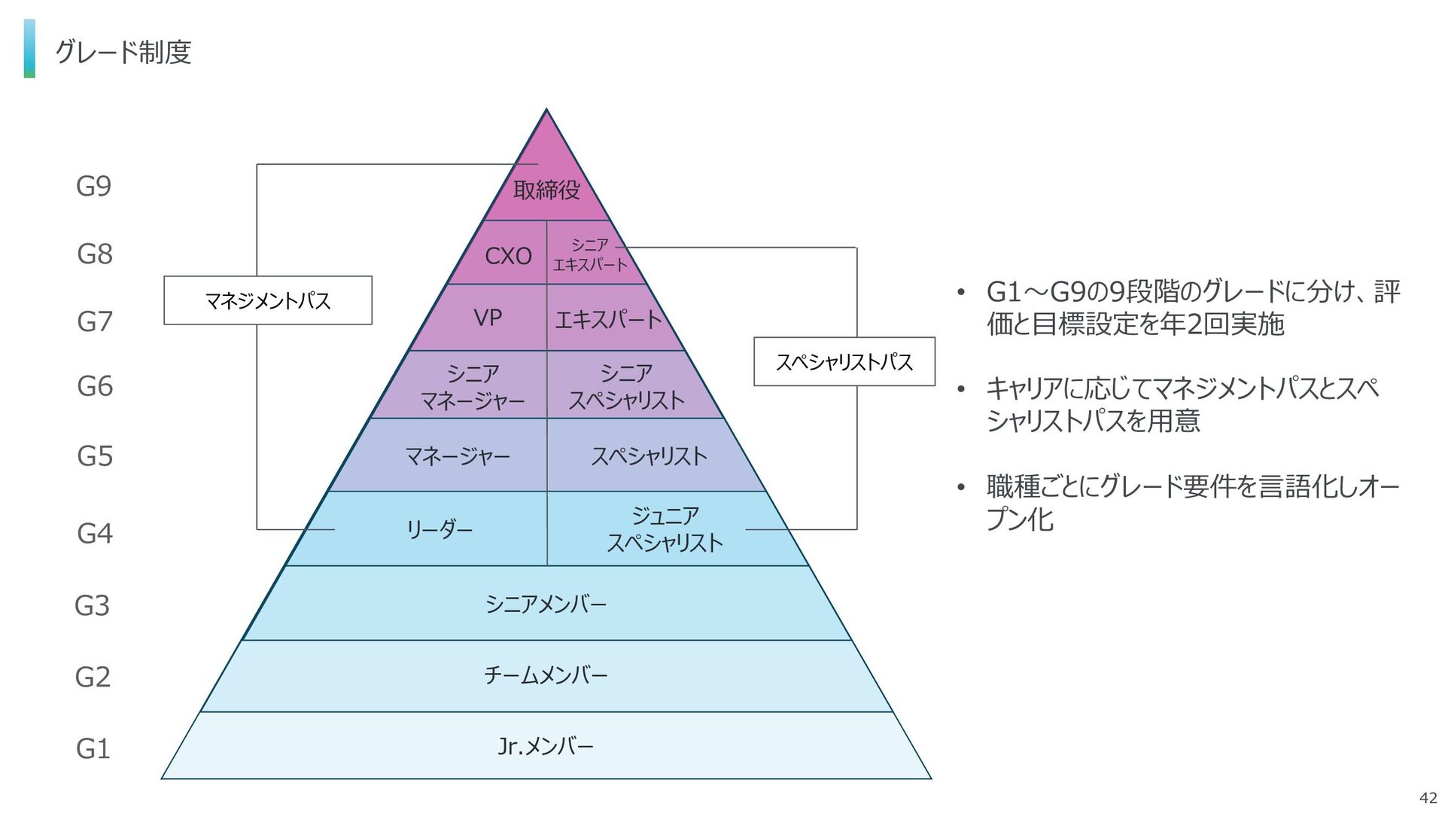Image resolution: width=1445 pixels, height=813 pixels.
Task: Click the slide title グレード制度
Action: [123, 52]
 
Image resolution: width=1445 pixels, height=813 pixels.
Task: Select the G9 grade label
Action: [94, 186]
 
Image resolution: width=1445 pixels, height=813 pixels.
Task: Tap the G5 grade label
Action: [95, 456]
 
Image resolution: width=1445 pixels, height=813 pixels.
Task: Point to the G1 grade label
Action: [93, 749]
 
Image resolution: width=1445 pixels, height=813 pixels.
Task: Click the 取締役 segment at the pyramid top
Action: [546, 189]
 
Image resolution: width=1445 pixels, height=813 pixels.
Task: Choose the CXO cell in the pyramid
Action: [508, 256]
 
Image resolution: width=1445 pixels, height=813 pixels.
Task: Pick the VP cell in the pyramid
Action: [488, 318]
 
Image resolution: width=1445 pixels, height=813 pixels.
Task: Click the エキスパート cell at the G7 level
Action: [608, 320]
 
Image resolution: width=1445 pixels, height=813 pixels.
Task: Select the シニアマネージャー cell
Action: [473, 386]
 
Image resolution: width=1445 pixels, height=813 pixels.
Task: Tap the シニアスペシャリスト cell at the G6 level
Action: [626, 386]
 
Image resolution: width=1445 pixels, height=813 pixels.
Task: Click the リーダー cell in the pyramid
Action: [439, 530]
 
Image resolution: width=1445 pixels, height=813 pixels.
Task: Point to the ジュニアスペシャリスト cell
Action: [665, 529]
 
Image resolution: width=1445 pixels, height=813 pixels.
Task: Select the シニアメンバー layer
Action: [546, 604]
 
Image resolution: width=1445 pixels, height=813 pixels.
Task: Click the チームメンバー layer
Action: [546, 675]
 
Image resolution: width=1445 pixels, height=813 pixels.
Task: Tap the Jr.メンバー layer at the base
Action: [546, 746]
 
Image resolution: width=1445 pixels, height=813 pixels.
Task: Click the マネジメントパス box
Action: [268, 300]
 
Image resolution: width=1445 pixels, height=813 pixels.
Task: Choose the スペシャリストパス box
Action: [844, 362]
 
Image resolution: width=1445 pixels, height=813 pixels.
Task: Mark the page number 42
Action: [1427, 799]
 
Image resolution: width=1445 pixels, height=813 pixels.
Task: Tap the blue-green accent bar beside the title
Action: [29, 48]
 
